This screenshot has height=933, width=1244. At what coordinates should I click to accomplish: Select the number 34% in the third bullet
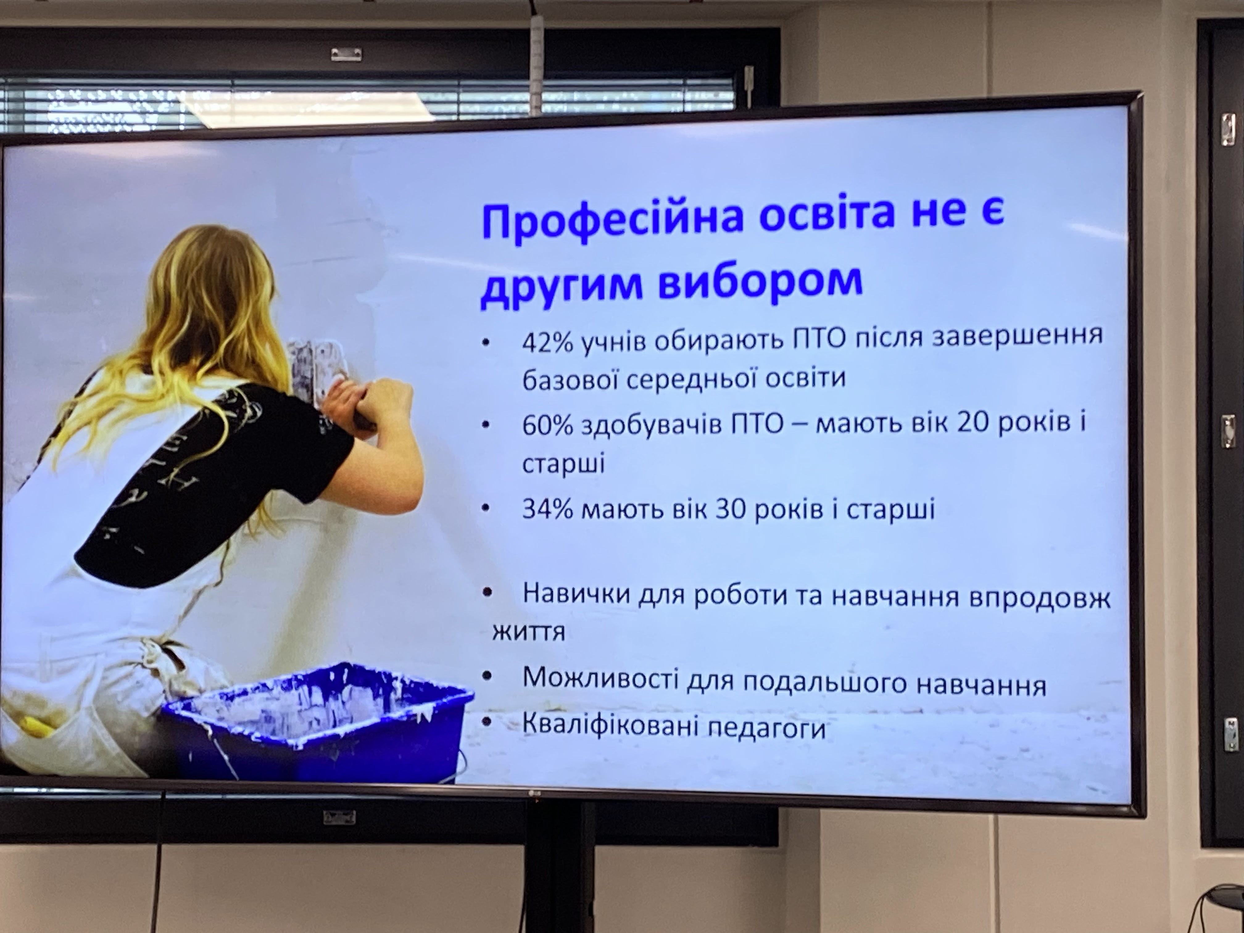(547, 509)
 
